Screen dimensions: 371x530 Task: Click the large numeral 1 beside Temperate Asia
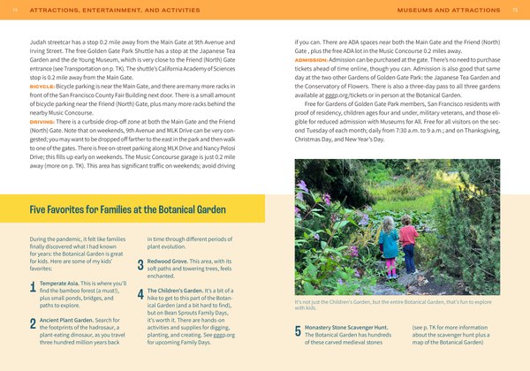point(33,285)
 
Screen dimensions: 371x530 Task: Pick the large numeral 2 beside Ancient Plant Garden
point(33,325)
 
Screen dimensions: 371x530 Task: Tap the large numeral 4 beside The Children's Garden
point(140,296)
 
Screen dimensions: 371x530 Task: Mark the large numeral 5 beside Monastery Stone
point(298,331)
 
